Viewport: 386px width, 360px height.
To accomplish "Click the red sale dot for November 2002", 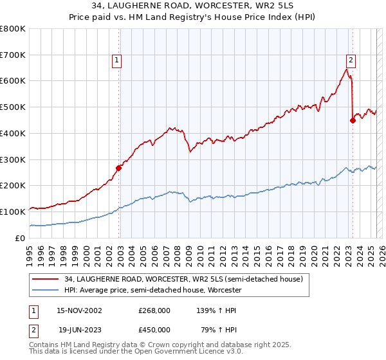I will (x=119, y=168).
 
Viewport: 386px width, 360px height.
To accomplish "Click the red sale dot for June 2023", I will (x=353, y=120).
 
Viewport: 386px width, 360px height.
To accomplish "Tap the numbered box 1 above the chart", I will (x=117, y=60).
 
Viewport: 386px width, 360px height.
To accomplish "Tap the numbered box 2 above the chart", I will (x=351, y=60).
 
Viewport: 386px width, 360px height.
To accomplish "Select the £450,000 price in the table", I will (x=154, y=330).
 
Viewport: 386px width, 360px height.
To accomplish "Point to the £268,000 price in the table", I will (x=154, y=310).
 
